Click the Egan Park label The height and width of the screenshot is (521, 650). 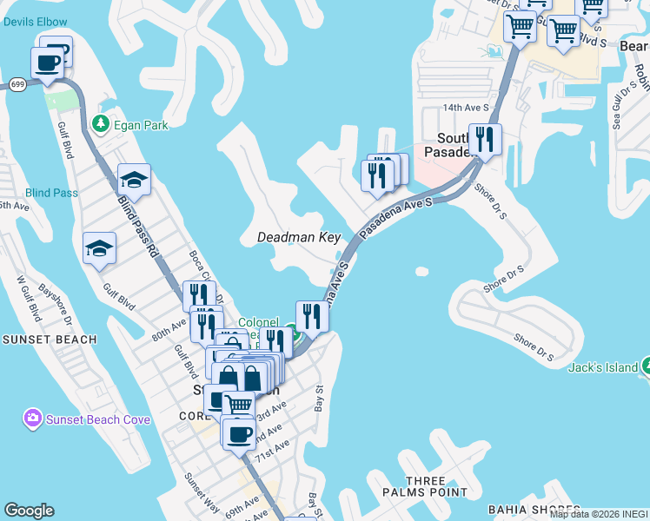click(x=143, y=125)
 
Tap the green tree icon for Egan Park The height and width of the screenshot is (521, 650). click(x=102, y=124)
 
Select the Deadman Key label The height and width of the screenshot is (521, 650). click(x=299, y=237)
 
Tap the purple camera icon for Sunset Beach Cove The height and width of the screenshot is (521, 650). click(x=32, y=419)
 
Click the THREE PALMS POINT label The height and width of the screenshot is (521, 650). click(x=426, y=486)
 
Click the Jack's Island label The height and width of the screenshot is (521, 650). click(x=603, y=367)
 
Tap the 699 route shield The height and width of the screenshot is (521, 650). click(x=17, y=84)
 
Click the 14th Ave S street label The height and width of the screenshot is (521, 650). click(x=466, y=108)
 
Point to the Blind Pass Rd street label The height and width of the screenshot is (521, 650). click(x=138, y=225)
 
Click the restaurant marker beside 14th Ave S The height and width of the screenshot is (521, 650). click(x=484, y=139)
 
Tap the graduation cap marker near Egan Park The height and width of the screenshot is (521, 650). click(x=135, y=179)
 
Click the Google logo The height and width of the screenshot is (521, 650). click(x=29, y=511)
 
